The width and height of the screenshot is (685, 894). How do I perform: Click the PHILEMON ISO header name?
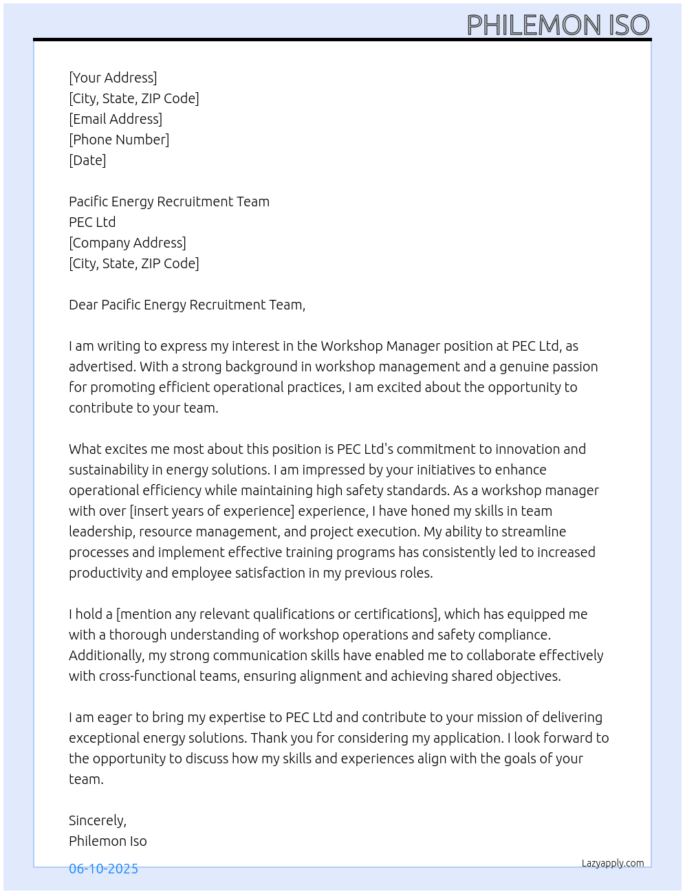pyautogui.click(x=558, y=25)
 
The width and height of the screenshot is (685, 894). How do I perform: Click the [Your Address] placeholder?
pyautogui.click(x=113, y=78)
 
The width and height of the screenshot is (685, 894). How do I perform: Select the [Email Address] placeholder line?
pyautogui.click(x=116, y=119)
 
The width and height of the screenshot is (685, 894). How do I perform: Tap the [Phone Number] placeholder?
pyautogui.click(x=119, y=140)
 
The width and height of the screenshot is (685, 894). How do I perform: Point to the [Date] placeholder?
pyautogui.click(x=87, y=160)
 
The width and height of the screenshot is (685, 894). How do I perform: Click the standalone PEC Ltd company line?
pyautogui.click(x=92, y=222)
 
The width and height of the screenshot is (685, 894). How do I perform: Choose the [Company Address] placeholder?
pyautogui.click(x=127, y=243)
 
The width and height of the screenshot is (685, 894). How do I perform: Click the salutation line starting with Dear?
pyautogui.click(x=187, y=305)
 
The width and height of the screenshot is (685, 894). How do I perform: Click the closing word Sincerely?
pyautogui.click(x=97, y=820)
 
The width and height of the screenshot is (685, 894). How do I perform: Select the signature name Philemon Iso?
pyautogui.click(x=108, y=841)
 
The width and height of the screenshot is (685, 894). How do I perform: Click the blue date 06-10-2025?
pyautogui.click(x=103, y=869)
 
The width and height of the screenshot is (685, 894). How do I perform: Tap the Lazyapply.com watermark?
pyautogui.click(x=613, y=863)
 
